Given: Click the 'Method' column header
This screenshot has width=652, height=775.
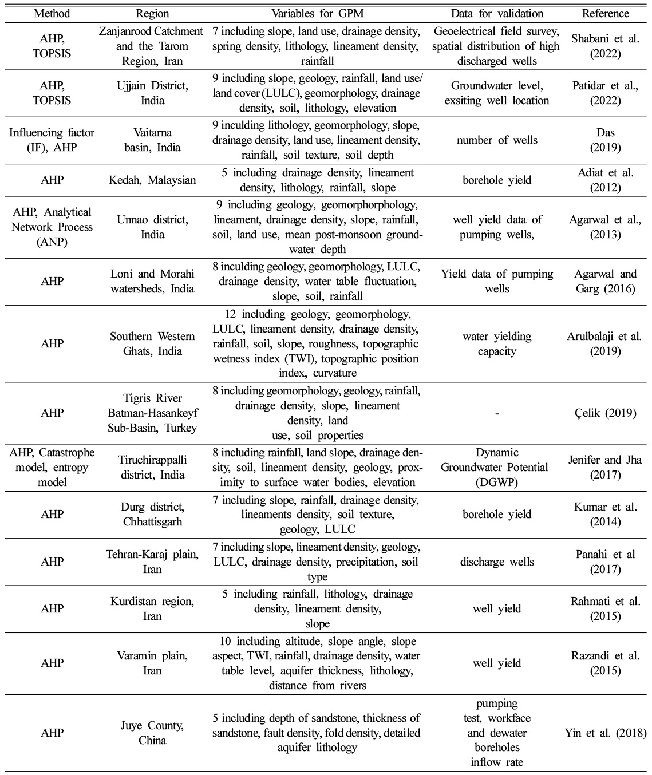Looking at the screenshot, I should tap(52, 13).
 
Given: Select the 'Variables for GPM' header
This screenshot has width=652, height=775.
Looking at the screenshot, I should tap(317, 13).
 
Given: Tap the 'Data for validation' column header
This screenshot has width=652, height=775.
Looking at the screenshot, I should tap(496, 13).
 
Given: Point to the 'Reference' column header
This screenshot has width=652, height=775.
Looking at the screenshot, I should tap(605, 13).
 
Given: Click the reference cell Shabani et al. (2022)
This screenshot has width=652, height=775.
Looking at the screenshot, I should tap(604, 46).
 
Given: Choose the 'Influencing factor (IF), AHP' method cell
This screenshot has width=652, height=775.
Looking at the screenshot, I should tap(52, 140).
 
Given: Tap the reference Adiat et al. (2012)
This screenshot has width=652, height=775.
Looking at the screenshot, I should tap(605, 180).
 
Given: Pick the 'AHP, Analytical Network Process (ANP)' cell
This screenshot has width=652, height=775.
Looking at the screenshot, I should tap(52, 227).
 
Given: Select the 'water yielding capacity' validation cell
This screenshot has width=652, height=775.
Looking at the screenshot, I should tap(496, 343).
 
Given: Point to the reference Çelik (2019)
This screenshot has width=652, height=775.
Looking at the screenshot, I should tap(605, 413).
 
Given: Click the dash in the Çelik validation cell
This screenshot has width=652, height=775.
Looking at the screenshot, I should tap(496, 413).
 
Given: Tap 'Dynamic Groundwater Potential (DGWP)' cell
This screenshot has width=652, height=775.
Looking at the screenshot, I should tap(496, 468).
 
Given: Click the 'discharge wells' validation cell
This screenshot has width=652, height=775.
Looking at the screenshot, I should tap(496, 562).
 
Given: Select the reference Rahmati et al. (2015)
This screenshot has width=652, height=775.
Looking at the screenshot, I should tap(605, 608).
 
